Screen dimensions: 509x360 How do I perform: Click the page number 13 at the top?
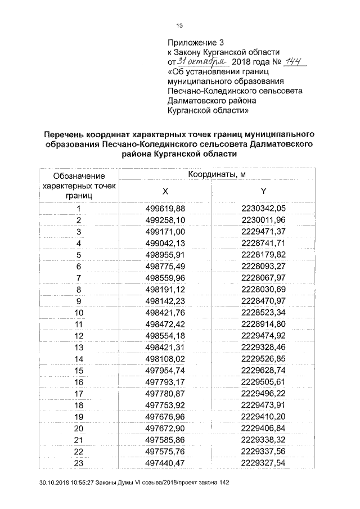tap(180, 25)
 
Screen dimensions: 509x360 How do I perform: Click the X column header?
tap(165, 191)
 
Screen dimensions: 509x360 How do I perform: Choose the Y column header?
tap(263, 191)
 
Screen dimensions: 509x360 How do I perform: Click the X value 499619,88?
tap(165, 209)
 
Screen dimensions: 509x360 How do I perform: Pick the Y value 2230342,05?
tap(263, 209)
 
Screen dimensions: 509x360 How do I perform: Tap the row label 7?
tap(79, 278)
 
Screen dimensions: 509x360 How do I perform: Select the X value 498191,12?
tap(165, 290)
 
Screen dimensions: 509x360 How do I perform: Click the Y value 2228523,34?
tap(263, 313)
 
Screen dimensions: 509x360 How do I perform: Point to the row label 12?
tap(79, 336)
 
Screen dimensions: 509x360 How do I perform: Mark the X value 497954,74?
tap(165, 371)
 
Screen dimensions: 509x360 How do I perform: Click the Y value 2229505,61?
tap(263, 382)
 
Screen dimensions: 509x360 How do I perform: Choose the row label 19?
tap(79, 417)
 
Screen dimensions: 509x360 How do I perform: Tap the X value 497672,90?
tap(165, 429)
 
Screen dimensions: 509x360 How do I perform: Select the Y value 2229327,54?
tap(263, 463)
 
